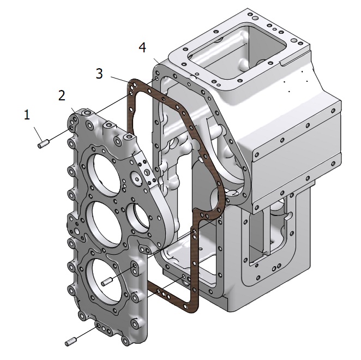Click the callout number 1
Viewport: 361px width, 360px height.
coord(27,115)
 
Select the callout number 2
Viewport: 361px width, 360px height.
coord(62,95)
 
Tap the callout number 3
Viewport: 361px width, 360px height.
coord(99,74)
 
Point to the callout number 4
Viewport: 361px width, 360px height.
coord(142,47)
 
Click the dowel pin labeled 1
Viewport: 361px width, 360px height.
coord(44,143)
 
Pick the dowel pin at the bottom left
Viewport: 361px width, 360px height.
coord(71,341)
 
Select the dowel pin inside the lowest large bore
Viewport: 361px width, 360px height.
coord(106,281)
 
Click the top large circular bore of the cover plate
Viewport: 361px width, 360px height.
coord(103,173)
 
